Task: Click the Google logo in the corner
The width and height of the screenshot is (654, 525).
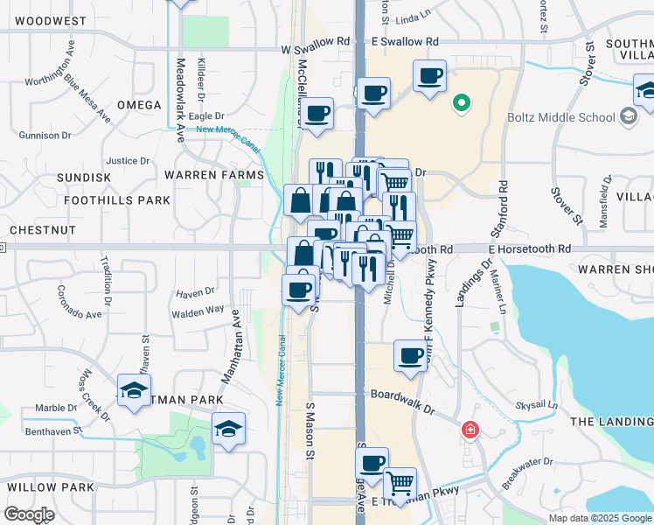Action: pos(28,514)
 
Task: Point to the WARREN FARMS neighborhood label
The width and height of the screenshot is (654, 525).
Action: pos(213,175)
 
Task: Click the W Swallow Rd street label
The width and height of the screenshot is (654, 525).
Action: pos(316,41)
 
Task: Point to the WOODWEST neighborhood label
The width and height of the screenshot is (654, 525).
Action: pos(51,20)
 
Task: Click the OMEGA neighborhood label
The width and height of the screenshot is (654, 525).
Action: pos(139,105)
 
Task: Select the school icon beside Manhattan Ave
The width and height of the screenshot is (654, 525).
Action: pos(228,429)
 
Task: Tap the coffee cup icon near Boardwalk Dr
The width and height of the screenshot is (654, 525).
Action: pos(410,354)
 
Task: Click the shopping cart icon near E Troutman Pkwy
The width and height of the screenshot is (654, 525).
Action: pos(400,482)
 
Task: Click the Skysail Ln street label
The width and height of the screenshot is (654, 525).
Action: pos(536,406)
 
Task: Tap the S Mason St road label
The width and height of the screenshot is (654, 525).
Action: pos(309,431)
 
